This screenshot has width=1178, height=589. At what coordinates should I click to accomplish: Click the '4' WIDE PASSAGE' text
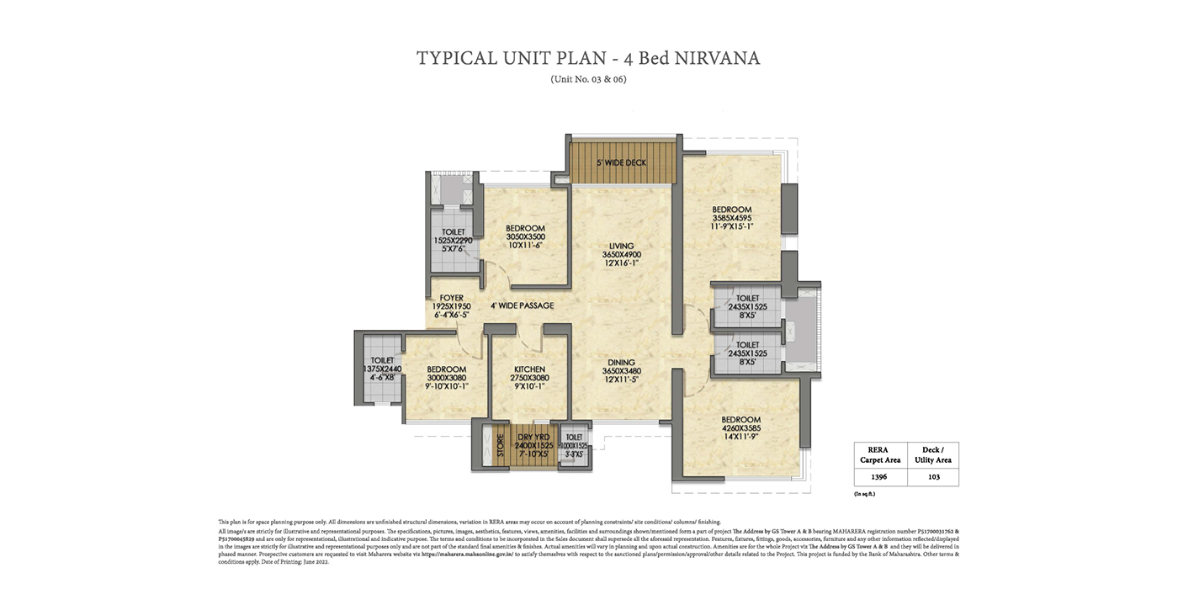523,305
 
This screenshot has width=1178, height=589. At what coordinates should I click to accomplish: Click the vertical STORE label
500,443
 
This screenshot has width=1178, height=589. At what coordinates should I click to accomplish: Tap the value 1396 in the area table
879,476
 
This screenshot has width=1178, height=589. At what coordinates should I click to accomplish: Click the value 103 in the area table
934,476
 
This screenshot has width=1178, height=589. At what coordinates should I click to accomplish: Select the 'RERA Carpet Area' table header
879,454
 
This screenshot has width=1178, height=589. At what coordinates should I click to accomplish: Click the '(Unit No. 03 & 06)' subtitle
588,79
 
